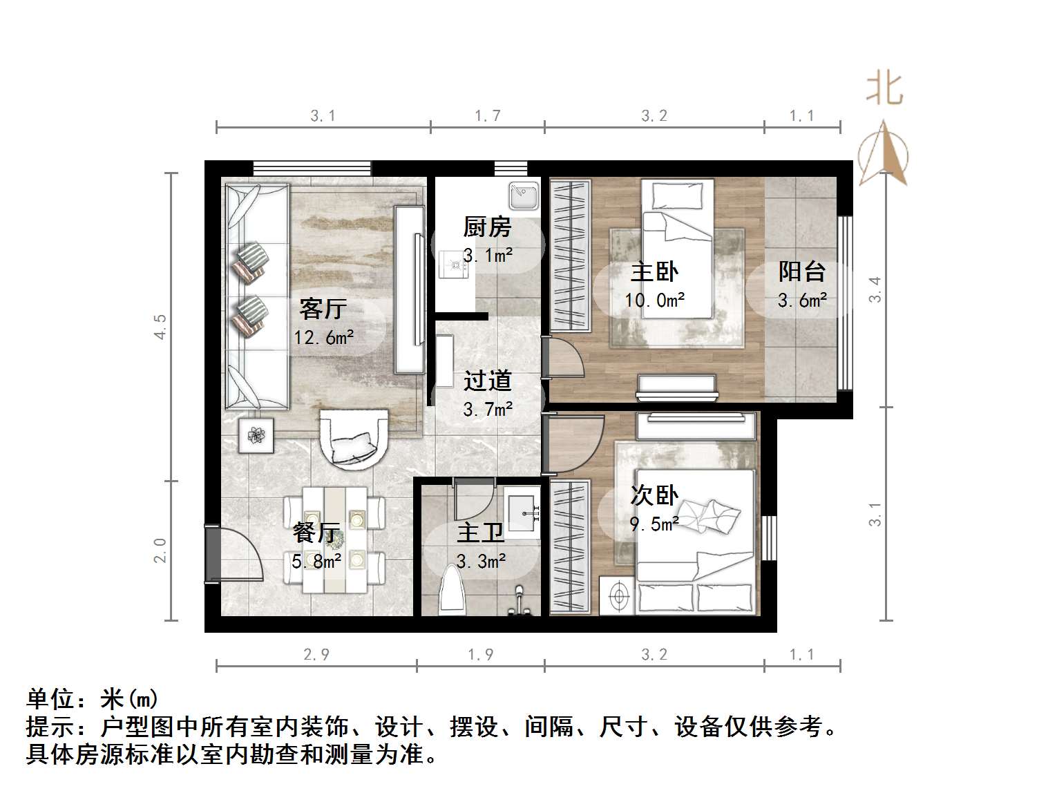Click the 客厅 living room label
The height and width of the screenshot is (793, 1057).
322,308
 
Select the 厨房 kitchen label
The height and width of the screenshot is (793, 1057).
487,227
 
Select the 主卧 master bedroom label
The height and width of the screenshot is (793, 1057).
654,271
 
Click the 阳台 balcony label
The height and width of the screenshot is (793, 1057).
801,271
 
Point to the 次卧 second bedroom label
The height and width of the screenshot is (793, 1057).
654,495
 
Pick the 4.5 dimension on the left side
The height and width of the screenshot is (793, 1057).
160,326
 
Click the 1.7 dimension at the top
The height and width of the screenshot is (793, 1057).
487,116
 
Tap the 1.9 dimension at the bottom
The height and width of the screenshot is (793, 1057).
480,654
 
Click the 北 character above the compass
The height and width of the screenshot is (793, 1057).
885,89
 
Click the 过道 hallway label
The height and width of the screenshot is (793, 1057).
487,381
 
